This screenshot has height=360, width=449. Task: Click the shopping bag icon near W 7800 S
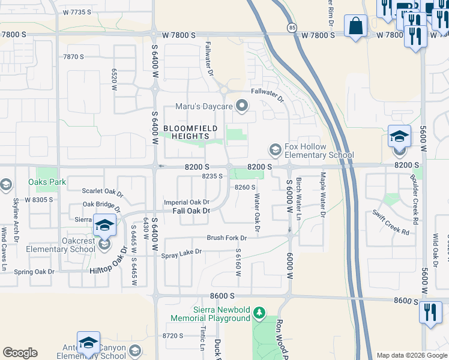tap(355, 26)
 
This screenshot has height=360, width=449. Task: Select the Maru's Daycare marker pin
tap(243, 106)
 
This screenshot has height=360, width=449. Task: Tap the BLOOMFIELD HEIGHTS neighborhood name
tap(190, 132)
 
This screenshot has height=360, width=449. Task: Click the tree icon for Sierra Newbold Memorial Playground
tap(259, 313)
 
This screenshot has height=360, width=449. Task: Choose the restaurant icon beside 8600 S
tap(430, 313)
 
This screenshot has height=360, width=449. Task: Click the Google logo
tap(20, 353)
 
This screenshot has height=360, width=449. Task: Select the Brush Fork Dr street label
tap(227, 238)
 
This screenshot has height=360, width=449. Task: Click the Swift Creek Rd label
tap(390, 221)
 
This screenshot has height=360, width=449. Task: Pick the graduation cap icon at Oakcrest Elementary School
tap(104, 226)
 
